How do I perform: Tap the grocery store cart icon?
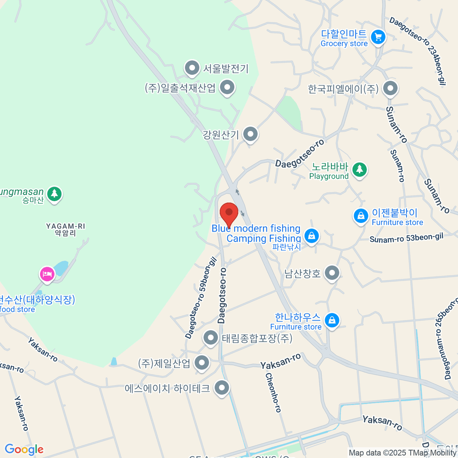click(378, 37)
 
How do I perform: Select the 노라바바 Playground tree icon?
click(359, 169)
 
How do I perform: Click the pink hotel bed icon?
click(47, 274)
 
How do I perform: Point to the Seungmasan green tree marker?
click(54, 194)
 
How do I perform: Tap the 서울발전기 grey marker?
click(192, 69)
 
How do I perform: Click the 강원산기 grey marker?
click(251, 134)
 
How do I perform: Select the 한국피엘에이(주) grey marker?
click(390, 89)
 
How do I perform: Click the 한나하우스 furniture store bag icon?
click(332, 320)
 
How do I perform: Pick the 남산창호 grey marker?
click(332, 273)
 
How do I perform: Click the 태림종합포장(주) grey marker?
click(210, 338)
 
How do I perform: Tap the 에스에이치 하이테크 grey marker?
click(221, 388)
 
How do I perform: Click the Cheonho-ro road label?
click(273, 392)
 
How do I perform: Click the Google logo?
click(24, 450)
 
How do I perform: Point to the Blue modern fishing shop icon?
click(312, 235)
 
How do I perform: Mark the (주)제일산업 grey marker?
click(202, 363)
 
